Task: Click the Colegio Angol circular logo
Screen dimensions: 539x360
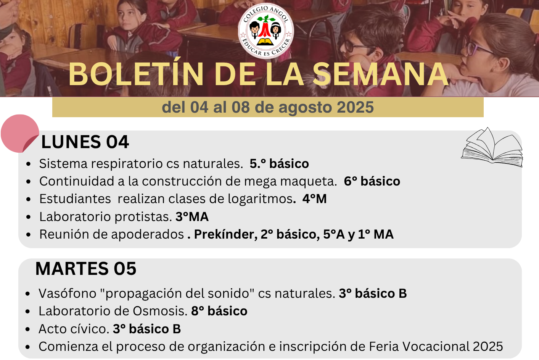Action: pos(266,31)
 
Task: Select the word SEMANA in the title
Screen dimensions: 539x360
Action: pos(381,74)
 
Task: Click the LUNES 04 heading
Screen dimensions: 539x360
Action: pos(85,142)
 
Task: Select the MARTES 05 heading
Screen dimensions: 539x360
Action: pos(86,268)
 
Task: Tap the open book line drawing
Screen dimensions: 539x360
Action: pos(492,147)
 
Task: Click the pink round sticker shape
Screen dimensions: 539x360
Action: pos(20,133)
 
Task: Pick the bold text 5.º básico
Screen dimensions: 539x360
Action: pos(279,164)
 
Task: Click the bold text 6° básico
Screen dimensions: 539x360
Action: pos(372,181)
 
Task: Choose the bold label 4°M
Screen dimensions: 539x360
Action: pos(314,199)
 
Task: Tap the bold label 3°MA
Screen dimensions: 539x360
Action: pos(192,217)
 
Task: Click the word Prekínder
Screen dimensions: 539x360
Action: pos(226,234)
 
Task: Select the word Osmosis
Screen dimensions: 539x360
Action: pos(160,311)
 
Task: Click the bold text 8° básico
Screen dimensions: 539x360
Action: pos(219,311)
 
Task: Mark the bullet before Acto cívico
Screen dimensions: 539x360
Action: pos(28,329)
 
